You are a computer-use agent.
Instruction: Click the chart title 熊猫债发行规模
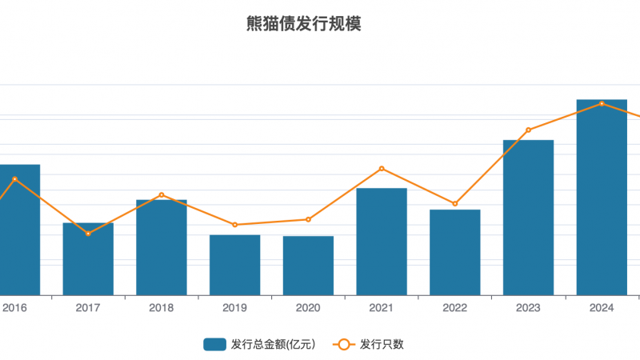304,24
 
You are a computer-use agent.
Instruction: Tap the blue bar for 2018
162,247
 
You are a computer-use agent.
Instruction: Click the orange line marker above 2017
88,234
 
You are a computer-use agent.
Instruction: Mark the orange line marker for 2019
234,225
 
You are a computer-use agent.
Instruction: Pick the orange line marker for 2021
382,169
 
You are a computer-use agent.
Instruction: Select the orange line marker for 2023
528,130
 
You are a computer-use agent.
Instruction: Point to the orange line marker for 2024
602,103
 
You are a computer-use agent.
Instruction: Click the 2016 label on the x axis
14,307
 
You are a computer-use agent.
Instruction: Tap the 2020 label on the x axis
308,307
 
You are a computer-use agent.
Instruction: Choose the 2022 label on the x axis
454,307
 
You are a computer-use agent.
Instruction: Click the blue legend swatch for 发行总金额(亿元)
214,344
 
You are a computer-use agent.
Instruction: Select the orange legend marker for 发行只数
343,344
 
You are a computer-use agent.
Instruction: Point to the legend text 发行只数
382,344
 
